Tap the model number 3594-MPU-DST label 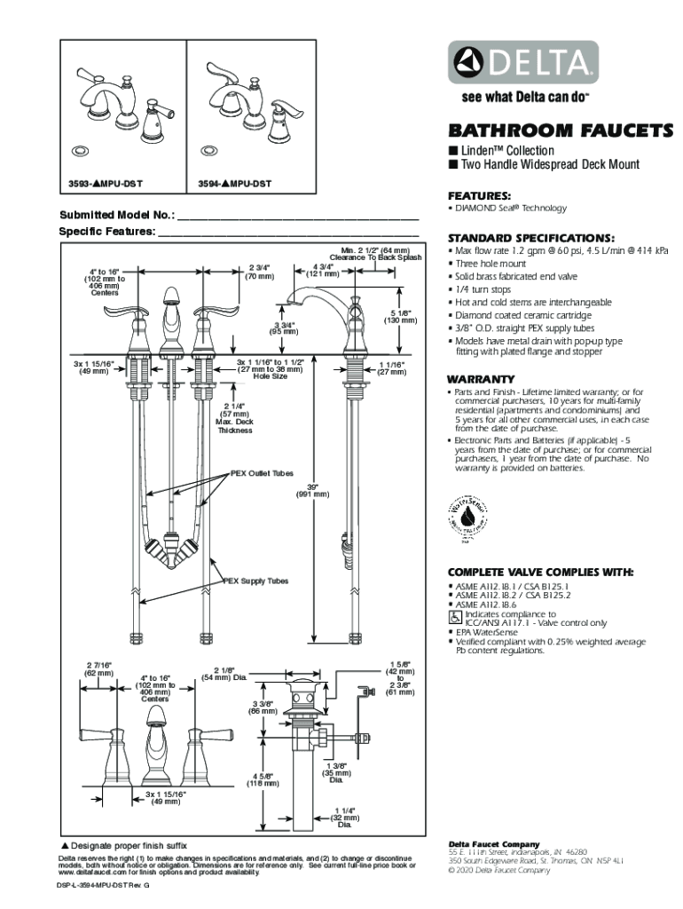click(x=234, y=185)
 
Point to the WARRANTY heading click(x=481, y=379)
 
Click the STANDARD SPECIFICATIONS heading click(x=530, y=238)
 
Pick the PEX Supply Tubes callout click(x=255, y=581)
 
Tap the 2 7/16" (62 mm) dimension click(x=98, y=668)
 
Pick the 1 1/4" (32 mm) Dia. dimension click(x=345, y=818)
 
